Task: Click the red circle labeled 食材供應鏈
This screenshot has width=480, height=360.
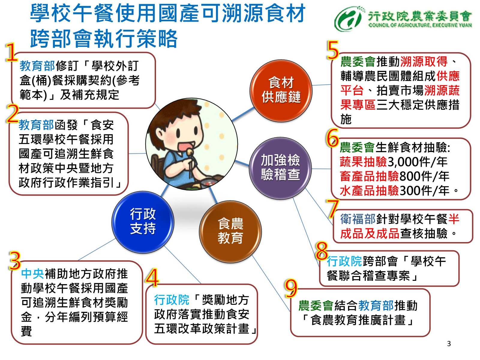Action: pos(281,91)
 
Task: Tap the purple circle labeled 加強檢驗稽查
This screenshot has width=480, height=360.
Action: pos(280,168)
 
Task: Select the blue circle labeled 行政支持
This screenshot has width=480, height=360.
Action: pos(143,222)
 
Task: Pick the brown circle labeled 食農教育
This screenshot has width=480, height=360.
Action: pos(230,232)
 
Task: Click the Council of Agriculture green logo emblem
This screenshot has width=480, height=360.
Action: pos(349,19)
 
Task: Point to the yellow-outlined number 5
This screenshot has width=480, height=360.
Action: pos(333,50)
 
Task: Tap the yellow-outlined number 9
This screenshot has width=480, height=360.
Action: pos(291,288)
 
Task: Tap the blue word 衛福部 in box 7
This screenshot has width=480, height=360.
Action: pos(358,219)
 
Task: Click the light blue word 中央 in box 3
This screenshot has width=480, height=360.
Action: pos(33,274)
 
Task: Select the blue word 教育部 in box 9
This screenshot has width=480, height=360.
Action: pos(376,305)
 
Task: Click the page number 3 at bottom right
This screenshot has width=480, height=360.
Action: pos(449,344)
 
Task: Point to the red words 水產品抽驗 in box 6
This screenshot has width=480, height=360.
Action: pos(369,190)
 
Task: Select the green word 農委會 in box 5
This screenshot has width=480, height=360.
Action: pos(358,61)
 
